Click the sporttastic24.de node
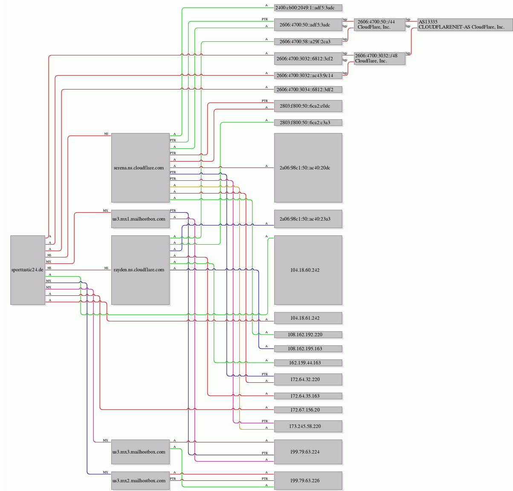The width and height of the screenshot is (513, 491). pyautogui.click(x=28, y=270)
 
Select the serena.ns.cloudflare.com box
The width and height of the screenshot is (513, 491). pyautogui.click(x=140, y=168)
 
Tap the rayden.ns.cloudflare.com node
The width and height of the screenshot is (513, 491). pyautogui.click(x=140, y=270)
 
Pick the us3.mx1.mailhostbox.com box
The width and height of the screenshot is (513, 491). pyautogui.click(x=140, y=219)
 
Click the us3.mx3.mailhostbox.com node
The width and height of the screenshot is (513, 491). pyautogui.click(x=140, y=452)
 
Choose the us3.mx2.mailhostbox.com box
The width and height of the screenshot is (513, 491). pyautogui.click(x=140, y=480)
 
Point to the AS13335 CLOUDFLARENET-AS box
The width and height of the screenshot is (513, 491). pyautogui.click(x=465, y=25)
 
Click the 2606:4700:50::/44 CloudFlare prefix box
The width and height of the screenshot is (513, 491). pyautogui.click(x=380, y=25)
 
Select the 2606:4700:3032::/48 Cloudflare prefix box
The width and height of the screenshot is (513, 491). pyautogui.click(x=380, y=58)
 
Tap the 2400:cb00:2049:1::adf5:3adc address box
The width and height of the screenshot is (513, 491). pyautogui.click(x=308, y=8)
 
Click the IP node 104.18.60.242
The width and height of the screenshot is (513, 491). pyautogui.click(x=308, y=270)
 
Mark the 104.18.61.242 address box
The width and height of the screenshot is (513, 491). pyautogui.click(x=308, y=318)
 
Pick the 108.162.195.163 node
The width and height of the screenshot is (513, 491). pyautogui.click(x=308, y=349)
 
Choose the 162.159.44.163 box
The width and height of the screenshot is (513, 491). pyautogui.click(x=308, y=363)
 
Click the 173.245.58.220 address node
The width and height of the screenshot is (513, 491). pyautogui.click(x=308, y=426)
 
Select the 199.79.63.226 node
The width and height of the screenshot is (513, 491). pyautogui.click(x=308, y=480)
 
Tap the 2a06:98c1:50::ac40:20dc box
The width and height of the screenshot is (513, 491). pyautogui.click(x=308, y=168)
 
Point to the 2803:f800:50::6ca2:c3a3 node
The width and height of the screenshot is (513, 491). pyautogui.click(x=308, y=123)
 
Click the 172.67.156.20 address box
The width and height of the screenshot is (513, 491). pyautogui.click(x=308, y=410)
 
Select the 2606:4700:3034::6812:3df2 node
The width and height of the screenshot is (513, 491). pyautogui.click(x=308, y=90)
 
